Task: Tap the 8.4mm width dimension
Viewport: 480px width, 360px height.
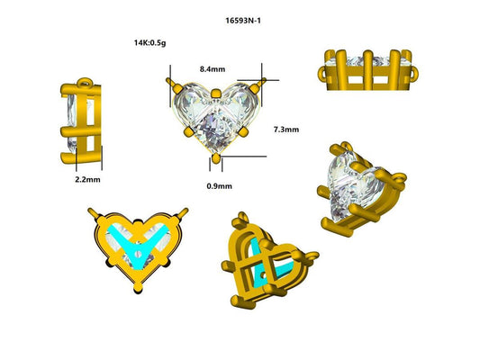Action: tap(213, 67)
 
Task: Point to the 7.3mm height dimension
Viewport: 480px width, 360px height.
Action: tap(286, 130)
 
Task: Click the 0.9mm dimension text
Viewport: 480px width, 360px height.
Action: tap(219, 186)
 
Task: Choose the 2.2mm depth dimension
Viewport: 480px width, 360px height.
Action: tap(87, 180)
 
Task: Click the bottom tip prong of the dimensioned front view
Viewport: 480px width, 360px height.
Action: tap(215, 159)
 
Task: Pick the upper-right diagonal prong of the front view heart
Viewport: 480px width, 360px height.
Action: tap(260, 83)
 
